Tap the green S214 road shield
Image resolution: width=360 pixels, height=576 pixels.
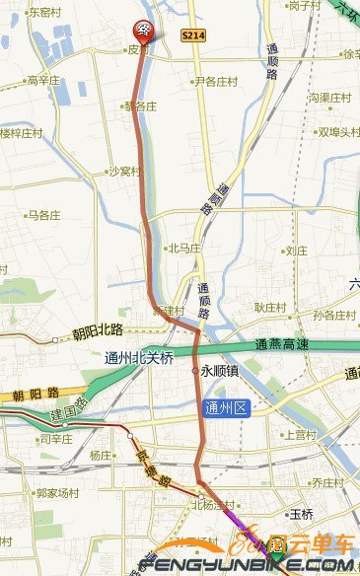coord(192,35)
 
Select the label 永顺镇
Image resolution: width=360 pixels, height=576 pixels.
coord(218,372)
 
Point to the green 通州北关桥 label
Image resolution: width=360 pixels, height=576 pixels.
coord(139,358)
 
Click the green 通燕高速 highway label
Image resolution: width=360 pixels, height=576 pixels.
coord(282,344)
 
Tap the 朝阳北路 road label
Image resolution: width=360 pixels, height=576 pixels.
coord(98,330)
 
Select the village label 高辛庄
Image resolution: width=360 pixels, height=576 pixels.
coord(44,80)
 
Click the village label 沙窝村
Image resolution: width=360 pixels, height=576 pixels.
coord(125,171)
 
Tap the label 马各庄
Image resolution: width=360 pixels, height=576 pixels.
coord(44,214)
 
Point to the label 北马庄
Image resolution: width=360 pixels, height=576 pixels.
coord(184,249)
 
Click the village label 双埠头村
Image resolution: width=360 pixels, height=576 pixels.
coord(335,131)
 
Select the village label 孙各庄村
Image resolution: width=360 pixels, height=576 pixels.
coord(333,316)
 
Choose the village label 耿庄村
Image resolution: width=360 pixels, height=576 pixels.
coord(269,308)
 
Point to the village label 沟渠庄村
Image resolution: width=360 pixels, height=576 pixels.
coord(330,98)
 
